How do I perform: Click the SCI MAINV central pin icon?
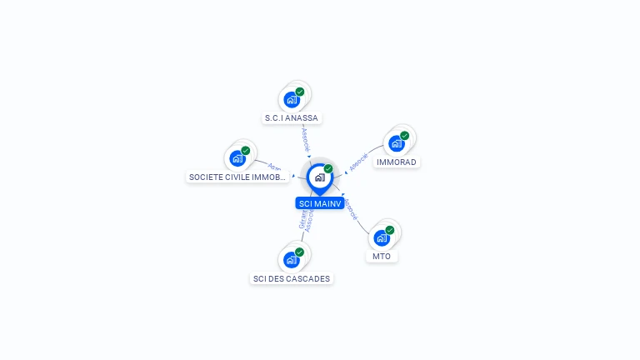click(319, 177)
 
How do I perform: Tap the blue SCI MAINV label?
click(319, 203)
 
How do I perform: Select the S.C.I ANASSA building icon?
click(292, 100)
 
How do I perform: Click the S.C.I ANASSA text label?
click(292, 118)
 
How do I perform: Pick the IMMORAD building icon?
click(397, 143)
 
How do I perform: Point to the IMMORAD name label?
click(397, 162)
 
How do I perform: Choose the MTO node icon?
click(382, 237)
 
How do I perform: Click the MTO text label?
click(382, 256)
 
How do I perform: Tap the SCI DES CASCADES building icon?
click(291, 260)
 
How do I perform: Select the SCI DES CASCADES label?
click(291, 278)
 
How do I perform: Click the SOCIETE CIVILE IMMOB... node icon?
click(237, 158)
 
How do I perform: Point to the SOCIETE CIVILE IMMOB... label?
click(237, 177)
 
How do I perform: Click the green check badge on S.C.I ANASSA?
click(300, 92)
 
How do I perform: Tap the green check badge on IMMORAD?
click(405, 135)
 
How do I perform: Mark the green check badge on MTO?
click(390, 229)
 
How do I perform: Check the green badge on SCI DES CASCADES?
click(299, 252)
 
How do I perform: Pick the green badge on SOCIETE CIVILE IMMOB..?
click(246, 150)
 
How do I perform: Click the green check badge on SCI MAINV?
click(328, 168)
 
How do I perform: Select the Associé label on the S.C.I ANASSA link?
click(306, 137)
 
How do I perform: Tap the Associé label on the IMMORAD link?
click(358, 162)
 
